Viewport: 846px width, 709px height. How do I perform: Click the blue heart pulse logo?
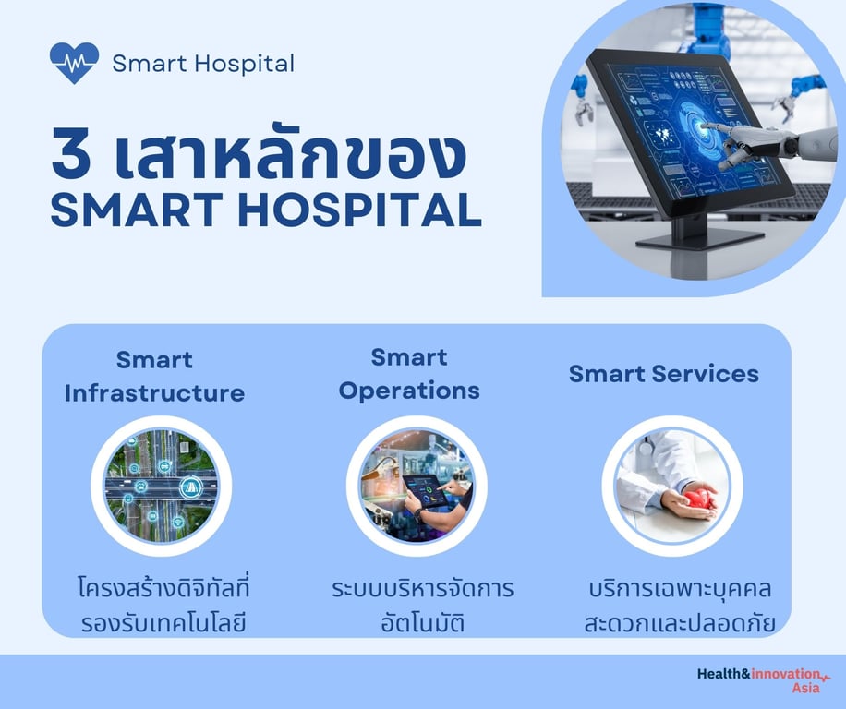tap(75, 63)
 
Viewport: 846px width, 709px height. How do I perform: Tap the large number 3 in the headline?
tap(71, 153)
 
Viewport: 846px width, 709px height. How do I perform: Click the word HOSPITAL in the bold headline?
tap(359, 210)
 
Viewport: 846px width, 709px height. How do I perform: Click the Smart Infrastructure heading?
tap(155, 377)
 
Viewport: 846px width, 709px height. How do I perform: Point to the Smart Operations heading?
tap(409, 374)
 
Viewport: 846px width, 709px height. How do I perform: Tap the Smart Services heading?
tap(664, 374)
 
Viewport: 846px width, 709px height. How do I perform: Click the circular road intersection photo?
tap(162, 486)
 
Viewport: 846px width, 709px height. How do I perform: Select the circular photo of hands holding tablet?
tap(417, 486)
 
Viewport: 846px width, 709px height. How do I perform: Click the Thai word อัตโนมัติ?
tap(422, 622)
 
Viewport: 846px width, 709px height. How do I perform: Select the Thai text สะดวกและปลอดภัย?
tap(680, 623)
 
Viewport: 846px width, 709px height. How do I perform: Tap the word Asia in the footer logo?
tap(805, 688)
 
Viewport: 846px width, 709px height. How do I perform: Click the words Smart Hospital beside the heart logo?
tap(203, 64)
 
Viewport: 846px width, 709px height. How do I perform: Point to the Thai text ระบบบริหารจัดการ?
tap(422, 588)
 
